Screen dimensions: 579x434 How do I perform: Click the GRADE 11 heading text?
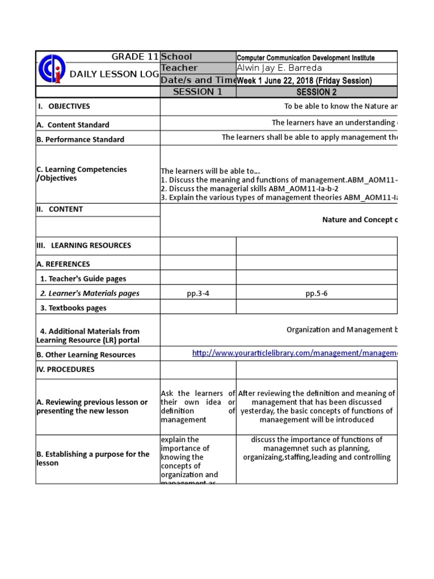(135, 57)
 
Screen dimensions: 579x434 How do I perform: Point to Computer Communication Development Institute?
(305, 58)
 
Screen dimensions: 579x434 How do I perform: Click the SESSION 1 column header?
(197, 92)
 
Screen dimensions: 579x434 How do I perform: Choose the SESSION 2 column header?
(316, 92)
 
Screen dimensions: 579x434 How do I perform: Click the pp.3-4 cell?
(198, 293)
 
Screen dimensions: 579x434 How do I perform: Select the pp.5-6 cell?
(316, 293)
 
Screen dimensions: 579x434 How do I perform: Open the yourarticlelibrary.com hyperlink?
(294, 353)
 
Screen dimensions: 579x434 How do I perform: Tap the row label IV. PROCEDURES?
(66, 369)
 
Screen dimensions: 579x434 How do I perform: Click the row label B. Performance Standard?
(80, 139)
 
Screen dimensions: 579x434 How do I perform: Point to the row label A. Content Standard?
(73, 124)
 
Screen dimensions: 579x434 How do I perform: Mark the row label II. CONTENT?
(59, 209)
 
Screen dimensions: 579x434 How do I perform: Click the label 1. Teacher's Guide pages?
(83, 279)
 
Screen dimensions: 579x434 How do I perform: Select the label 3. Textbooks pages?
(73, 308)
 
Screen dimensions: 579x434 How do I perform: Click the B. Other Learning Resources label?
(86, 355)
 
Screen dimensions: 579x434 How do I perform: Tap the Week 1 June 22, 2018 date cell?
(304, 81)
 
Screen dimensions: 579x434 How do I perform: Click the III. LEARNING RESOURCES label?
(84, 245)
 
